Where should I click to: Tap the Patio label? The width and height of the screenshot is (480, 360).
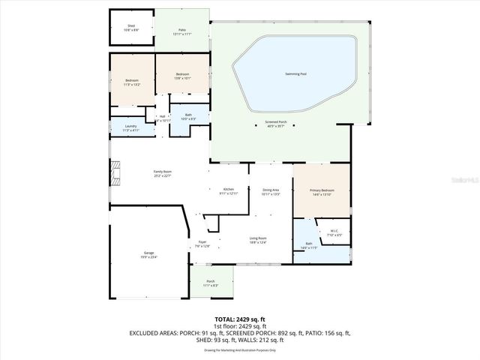(182, 32)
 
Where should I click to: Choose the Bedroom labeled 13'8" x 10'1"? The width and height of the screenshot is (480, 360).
(182, 75)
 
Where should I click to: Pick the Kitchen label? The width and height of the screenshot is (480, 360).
(228, 191)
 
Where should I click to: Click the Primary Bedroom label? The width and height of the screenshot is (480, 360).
(322, 192)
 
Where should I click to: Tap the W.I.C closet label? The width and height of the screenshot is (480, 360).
(335, 232)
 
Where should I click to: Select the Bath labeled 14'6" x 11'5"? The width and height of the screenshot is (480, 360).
(310, 245)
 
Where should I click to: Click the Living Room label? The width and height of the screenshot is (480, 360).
(258, 240)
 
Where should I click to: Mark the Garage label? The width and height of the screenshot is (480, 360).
(149, 255)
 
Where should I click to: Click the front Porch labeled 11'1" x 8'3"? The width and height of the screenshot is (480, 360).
(211, 283)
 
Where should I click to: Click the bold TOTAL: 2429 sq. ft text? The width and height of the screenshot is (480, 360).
(240, 319)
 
